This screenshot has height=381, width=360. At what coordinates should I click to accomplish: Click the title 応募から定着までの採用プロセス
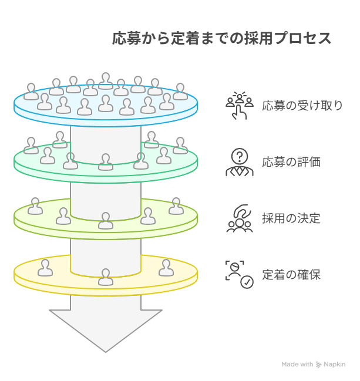[x=221, y=38]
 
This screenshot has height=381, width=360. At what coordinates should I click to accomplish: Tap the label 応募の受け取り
[x=302, y=106]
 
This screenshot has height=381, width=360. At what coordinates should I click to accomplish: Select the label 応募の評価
[x=291, y=162]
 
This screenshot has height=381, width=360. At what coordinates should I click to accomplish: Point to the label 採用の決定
[x=291, y=218]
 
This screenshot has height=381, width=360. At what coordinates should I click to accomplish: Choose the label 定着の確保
[x=291, y=275]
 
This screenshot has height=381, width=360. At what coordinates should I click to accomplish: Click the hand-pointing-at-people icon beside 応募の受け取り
[x=240, y=106]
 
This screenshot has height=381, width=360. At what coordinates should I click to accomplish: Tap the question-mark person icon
[x=240, y=162]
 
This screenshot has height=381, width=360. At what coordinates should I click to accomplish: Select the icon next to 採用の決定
[x=240, y=218]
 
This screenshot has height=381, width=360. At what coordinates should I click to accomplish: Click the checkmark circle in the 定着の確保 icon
[x=247, y=282]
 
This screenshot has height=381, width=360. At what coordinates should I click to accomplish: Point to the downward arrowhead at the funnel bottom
[x=106, y=331]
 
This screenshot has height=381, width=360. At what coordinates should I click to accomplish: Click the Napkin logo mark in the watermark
[x=318, y=364]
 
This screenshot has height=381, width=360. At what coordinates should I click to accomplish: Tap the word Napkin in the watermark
[x=335, y=364]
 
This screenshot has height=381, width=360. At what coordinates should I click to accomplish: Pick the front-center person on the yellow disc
[x=106, y=277]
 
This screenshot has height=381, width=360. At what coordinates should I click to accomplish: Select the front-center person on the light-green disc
[x=106, y=221]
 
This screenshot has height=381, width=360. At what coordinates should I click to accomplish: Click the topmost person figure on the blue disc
[x=106, y=81]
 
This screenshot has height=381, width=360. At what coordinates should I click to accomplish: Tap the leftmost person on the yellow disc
[x=45, y=268]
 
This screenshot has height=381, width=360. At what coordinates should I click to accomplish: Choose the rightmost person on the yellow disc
[x=166, y=268]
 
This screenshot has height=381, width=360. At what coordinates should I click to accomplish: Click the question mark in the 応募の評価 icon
[x=240, y=156]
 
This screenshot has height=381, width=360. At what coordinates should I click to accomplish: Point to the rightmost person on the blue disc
[x=180, y=92]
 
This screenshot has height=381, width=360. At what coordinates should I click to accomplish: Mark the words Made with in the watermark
[x=297, y=364]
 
